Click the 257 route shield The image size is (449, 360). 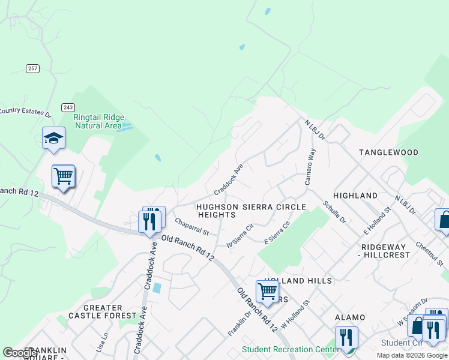(x=32, y=68)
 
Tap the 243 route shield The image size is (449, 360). (x=68, y=107)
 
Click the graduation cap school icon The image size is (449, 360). (x=53, y=139)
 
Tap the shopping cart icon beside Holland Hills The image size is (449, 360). (x=267, y=292)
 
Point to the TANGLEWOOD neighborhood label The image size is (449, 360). (x=388, y=152)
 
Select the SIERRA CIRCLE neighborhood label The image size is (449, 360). (x=274, y=207)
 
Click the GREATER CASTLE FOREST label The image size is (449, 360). (x=103, y=311)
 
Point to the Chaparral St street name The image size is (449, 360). (x=191, y=226)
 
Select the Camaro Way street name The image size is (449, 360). (x=310, y=167)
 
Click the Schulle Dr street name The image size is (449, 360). (x=334, y=212)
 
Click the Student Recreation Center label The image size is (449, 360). (x=286, y=349)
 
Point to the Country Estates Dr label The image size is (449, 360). (x=26, y=111)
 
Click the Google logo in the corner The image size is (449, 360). (x=20, y=353)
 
